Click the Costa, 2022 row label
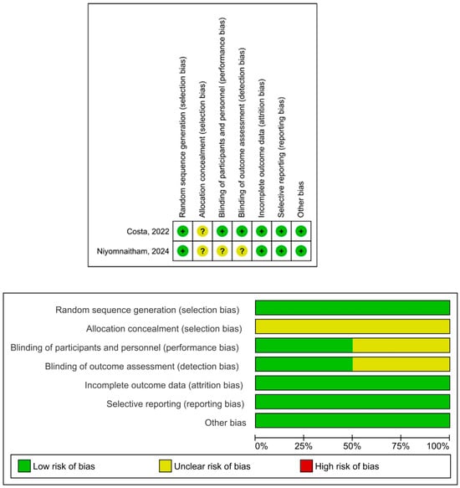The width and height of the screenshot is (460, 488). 145,230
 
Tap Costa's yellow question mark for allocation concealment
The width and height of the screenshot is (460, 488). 202,230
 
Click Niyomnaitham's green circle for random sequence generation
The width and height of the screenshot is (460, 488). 182,250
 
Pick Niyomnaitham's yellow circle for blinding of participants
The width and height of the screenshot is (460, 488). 222,250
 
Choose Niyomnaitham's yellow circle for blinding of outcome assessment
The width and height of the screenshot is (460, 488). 242,250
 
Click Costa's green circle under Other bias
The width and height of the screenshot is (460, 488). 301,230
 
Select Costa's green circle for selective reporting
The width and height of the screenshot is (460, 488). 281,230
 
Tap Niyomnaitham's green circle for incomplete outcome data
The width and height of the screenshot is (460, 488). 262,250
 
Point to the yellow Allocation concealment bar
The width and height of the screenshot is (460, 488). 352,326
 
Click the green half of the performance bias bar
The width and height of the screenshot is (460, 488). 304,346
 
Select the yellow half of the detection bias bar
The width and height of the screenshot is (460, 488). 401,365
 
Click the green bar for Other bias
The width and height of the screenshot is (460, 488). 352,422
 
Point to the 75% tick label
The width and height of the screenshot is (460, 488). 401,446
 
